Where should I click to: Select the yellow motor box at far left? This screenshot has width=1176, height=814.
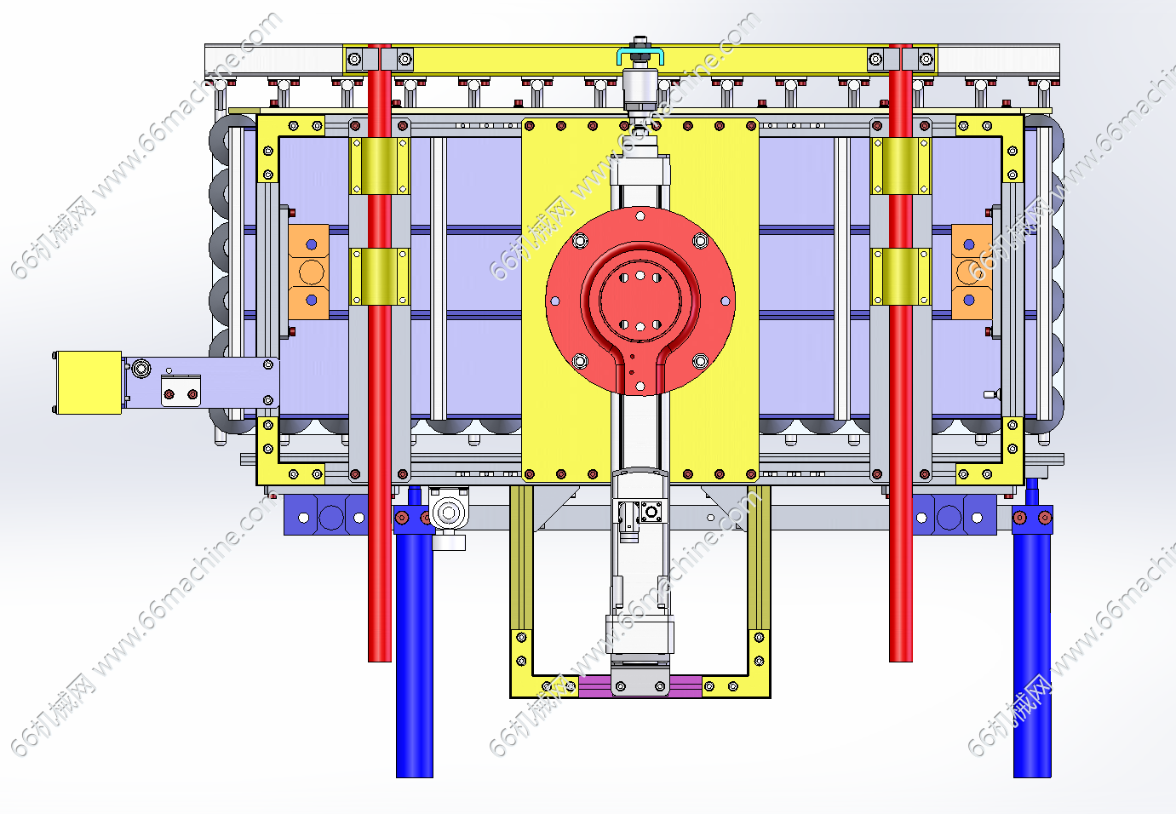(x=89, y=382)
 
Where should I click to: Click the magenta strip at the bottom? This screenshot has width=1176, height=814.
(x=640, y=686)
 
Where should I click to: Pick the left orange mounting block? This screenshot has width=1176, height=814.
(x=309, y=272)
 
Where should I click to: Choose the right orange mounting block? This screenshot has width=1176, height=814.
(x=972, y=272)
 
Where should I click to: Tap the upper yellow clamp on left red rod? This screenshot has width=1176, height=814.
(x=380, y=166)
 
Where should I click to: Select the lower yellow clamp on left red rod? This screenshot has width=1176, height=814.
(x=380, y=277)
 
